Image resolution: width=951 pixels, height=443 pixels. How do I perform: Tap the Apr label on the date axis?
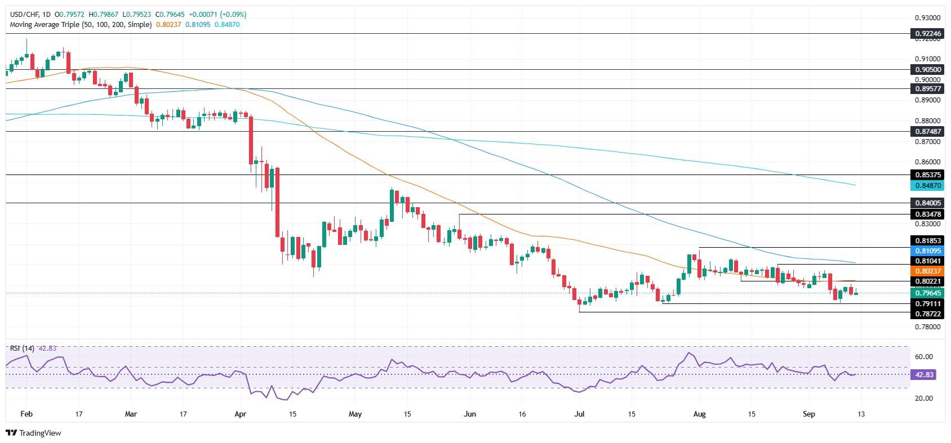241,414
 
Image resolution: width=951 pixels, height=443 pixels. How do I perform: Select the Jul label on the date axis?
579,414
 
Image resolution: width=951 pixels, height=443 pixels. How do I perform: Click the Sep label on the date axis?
808,414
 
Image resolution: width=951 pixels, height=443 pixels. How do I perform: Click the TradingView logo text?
34,433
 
